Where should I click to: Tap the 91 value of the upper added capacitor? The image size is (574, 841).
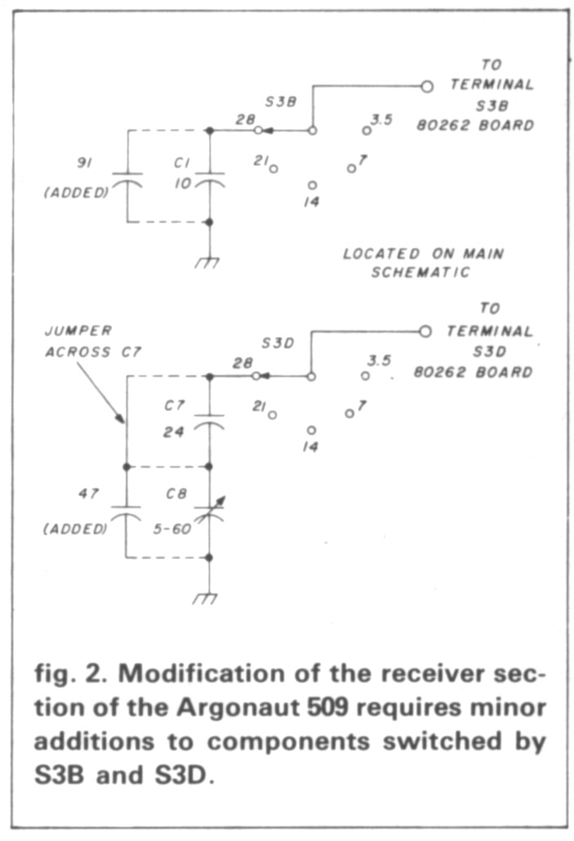pyautogui.click(x=83, y=163)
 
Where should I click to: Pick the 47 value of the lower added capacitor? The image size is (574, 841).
pyautogui.click(x=84, y=494)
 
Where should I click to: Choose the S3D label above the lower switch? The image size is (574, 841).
pyautogui.click(x=278, y=344)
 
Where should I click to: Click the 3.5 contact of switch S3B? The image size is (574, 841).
pyautogui.click(x=367, y=130)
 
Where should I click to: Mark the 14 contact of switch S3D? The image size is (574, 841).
pyautogui.click(x=312, y=430)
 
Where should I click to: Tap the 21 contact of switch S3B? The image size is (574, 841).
pyautogui.click(x=274, y=168)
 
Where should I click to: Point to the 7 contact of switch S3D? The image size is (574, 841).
pyautogui.click(x=349, y=414)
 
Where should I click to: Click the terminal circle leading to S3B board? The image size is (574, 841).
pyautogui.click(x=425, y=85)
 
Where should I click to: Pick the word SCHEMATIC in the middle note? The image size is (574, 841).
pyautogui.click(x=420, y=273)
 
